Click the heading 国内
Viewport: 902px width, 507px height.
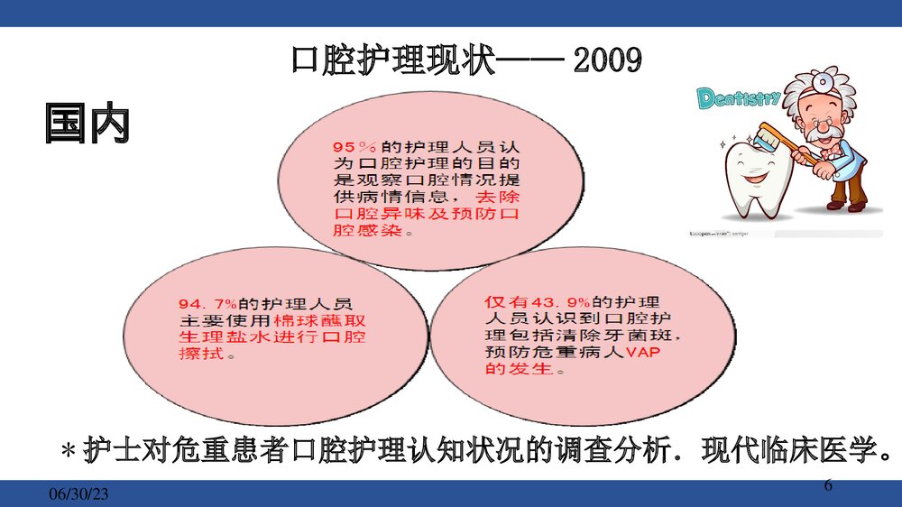[87, 124]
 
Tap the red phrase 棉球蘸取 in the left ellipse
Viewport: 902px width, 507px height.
[307, 320]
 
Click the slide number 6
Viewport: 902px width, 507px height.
[829, 486]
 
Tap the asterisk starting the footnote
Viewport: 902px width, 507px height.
[66, 450]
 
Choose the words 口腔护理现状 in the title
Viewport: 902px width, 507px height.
[393, 61]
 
